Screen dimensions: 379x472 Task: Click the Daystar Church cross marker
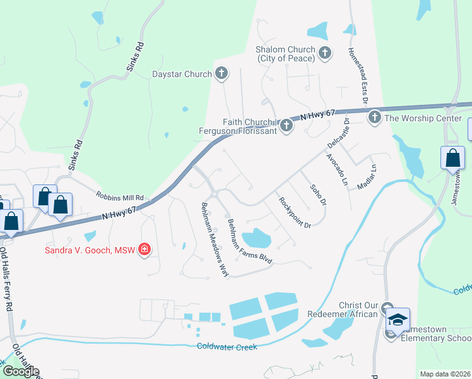[221, 74]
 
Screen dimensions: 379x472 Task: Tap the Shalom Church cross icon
[325, 53]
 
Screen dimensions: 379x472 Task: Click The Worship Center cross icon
[374, 117]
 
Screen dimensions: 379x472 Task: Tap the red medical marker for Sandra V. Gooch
[145, 250]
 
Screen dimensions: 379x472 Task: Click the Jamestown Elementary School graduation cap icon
[398, 320]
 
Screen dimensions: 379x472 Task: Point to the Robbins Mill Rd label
[120, 196]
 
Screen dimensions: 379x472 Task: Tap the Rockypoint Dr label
[295, 212]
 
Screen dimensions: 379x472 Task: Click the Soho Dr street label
[318, 195]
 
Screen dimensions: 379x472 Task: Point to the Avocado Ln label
[336, 169]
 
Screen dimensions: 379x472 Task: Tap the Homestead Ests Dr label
[358, 77]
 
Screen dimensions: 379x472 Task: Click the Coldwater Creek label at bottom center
[227, 346]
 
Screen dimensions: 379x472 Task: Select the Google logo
[20, 371]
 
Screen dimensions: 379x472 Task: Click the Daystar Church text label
[182, 74]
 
